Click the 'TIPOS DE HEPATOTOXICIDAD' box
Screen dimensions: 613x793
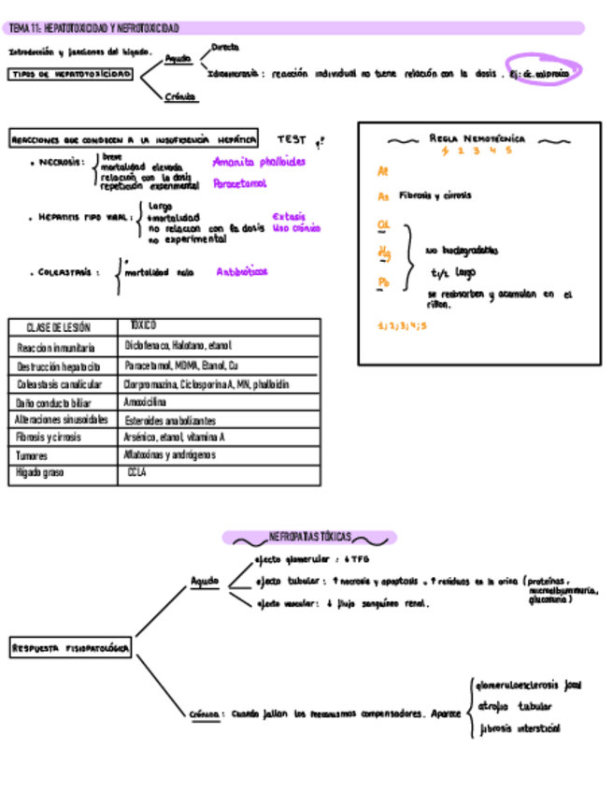coord(71,74)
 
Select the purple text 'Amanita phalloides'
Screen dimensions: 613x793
coord(259,162)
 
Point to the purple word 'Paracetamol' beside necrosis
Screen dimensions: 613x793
coord(239,184)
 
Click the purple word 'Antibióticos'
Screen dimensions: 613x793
coord(242,272)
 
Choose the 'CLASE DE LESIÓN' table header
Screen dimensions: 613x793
coord(59,327)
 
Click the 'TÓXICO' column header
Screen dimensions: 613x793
coord(143,326)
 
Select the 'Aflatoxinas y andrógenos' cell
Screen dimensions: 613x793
coord(169,455)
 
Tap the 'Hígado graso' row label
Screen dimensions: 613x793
coord(38,474)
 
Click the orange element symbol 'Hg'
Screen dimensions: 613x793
coord(383,252)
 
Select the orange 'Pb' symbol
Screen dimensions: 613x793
coord(383,282)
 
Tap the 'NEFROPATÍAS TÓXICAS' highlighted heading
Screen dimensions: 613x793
coord(309,538)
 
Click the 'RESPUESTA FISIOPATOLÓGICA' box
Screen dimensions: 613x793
coord(71,647)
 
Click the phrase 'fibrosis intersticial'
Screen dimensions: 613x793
coord(520,728)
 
